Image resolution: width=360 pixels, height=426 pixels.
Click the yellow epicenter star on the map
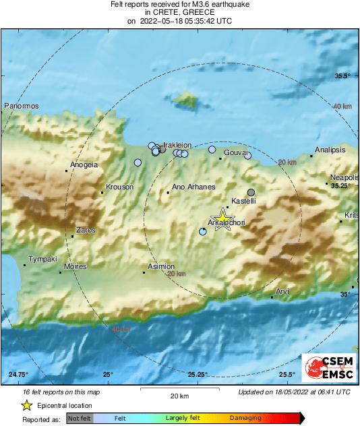(221, 220)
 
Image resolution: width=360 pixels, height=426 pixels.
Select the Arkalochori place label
(227, 222)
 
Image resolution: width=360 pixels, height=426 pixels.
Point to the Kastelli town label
(243, 202)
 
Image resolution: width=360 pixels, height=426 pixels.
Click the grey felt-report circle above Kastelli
(251, 192)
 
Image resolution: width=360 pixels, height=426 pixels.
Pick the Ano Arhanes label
(193, 187)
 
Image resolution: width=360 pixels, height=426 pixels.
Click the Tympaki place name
(42, 260)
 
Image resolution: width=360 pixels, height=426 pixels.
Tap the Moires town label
(75, 267)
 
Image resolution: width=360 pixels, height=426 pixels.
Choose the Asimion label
(161, 267)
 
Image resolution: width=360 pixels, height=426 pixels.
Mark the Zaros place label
(86, 230)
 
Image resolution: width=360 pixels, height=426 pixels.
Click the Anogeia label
(84, 164)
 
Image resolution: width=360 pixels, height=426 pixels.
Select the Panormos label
(22, 106)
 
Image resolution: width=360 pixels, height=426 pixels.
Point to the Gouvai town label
(235, 153)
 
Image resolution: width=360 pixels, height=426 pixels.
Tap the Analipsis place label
(330, 150)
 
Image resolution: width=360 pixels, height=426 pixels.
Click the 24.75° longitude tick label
(18, 375)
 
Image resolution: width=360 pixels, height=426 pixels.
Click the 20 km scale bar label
(179, 396)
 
